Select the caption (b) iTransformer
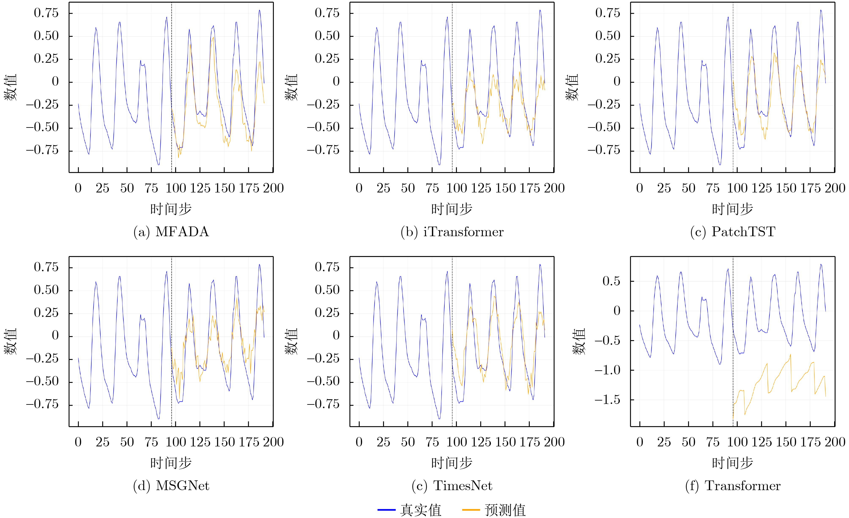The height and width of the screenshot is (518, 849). tap(452, 232)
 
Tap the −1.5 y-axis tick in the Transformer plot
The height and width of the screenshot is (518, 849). tap(607, 400)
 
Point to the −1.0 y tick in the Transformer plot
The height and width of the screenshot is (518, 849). tap(607, 370)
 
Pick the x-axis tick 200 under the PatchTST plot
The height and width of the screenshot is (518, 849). tap(835, 188)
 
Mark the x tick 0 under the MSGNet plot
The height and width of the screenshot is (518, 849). tap(78, 442)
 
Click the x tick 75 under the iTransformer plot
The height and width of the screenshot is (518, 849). tap(432, 188)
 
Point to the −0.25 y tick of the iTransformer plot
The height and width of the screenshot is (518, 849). tap(323, 105)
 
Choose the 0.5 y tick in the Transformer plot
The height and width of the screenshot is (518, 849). tap(611, 281)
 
